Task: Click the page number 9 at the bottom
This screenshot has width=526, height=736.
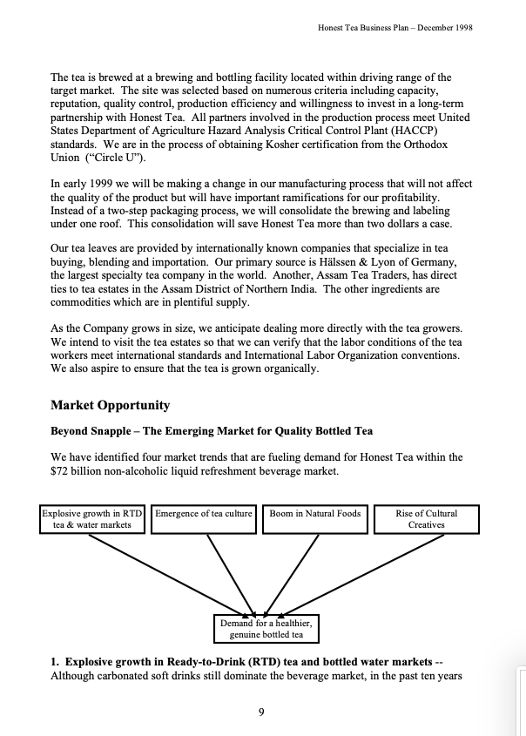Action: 261,712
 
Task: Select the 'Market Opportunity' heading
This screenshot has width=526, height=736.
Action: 110,405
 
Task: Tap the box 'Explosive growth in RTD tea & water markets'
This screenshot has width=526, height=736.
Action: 92,519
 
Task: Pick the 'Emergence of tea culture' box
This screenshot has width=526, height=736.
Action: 203,514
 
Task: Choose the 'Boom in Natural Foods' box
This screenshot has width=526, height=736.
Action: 314,514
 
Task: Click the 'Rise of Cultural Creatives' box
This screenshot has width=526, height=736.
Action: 426,519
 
